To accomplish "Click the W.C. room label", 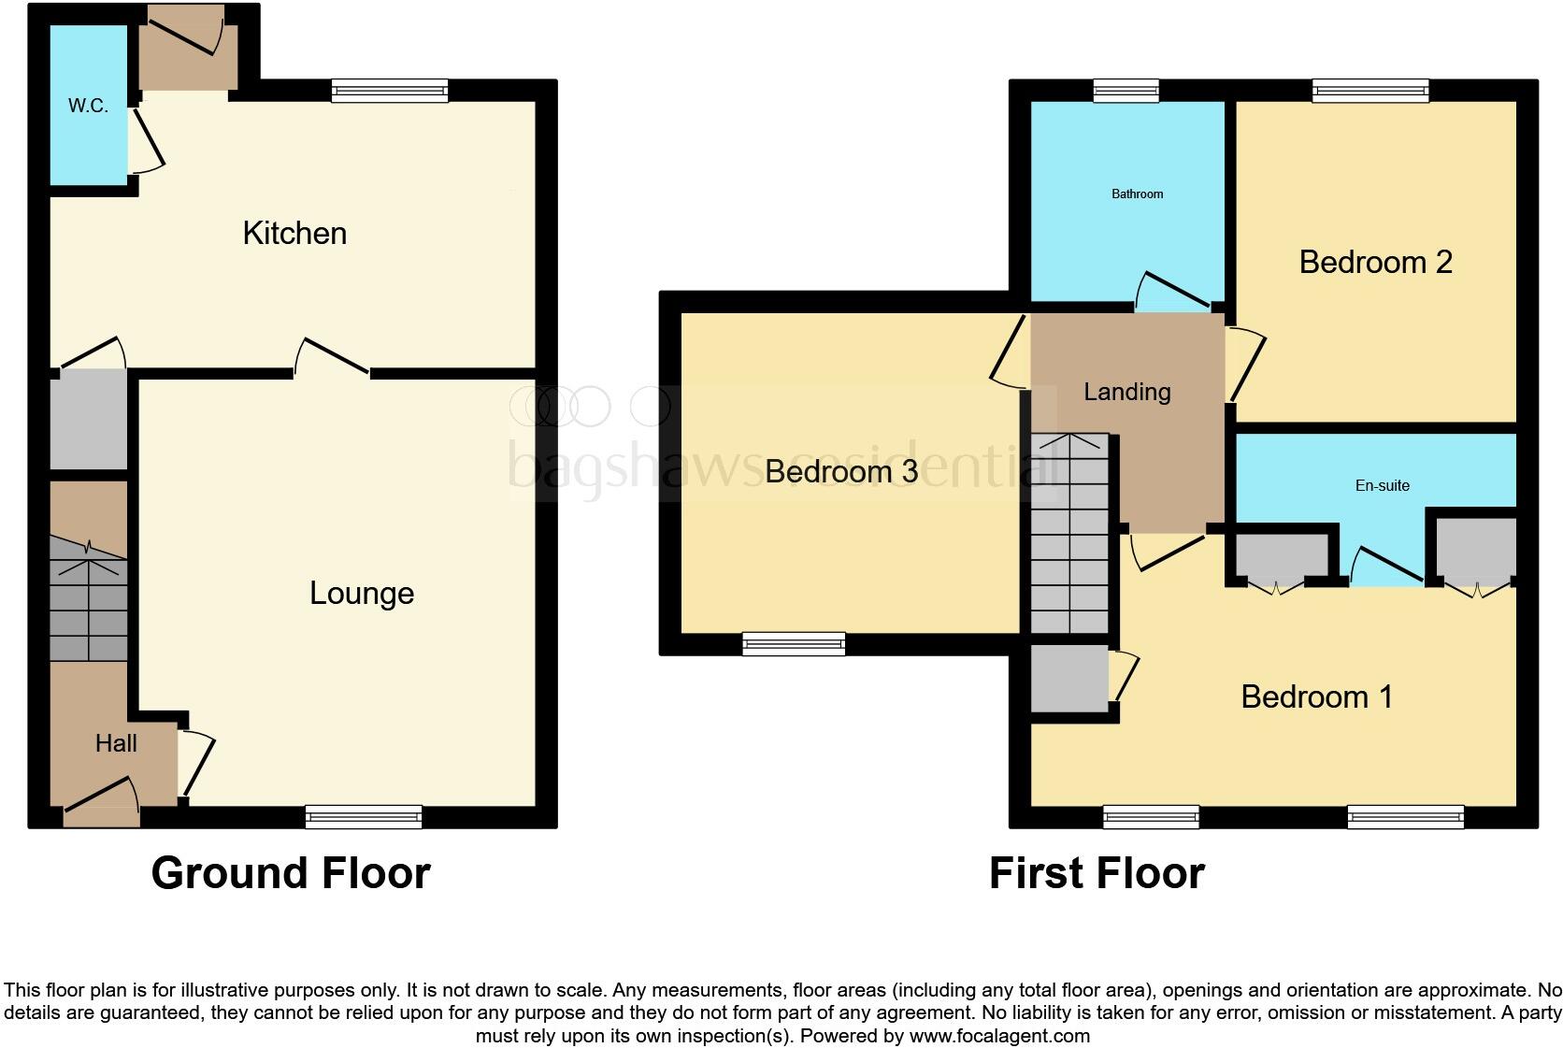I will pyautogui.click(x=88, y=106).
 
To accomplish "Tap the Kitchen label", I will pyautogui.click(x=294, y=233).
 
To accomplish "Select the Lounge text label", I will pyautogui.click(x=362, y=593).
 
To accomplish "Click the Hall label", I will pyautogui.click(x=116, y=743).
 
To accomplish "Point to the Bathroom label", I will pyautogui.click(x=1137, y=194).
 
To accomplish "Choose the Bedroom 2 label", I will pyautogui.click(x=1375, y=262).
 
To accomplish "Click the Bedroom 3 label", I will pyautogui.click(x=840, y=471).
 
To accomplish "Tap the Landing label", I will pyautogui.click(x=1126, y=392).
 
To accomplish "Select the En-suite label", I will pyautogui.click(x=1382, y=485).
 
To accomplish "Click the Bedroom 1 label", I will pyautogui.click(x=1316, y=696).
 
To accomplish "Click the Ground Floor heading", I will pyautogui.click(x=291, y=872).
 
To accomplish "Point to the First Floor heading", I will pyautogui.click(x=1097, y=872).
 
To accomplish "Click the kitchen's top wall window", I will pyautogui.click(x=390, y=91).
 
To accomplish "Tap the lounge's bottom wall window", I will pyautogui.click(x=364, y=817).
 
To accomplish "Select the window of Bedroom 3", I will pyautogui.click(x=794, y=644).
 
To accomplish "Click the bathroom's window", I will pyautogui.click(x=1126, y=91).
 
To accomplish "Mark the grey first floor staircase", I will pyautogui.click(x=1069, y=534).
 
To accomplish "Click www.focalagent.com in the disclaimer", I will pyautogui.click(x=998, y=1036).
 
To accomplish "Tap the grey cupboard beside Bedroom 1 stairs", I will pyautogui.click(x=1068, y=678).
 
